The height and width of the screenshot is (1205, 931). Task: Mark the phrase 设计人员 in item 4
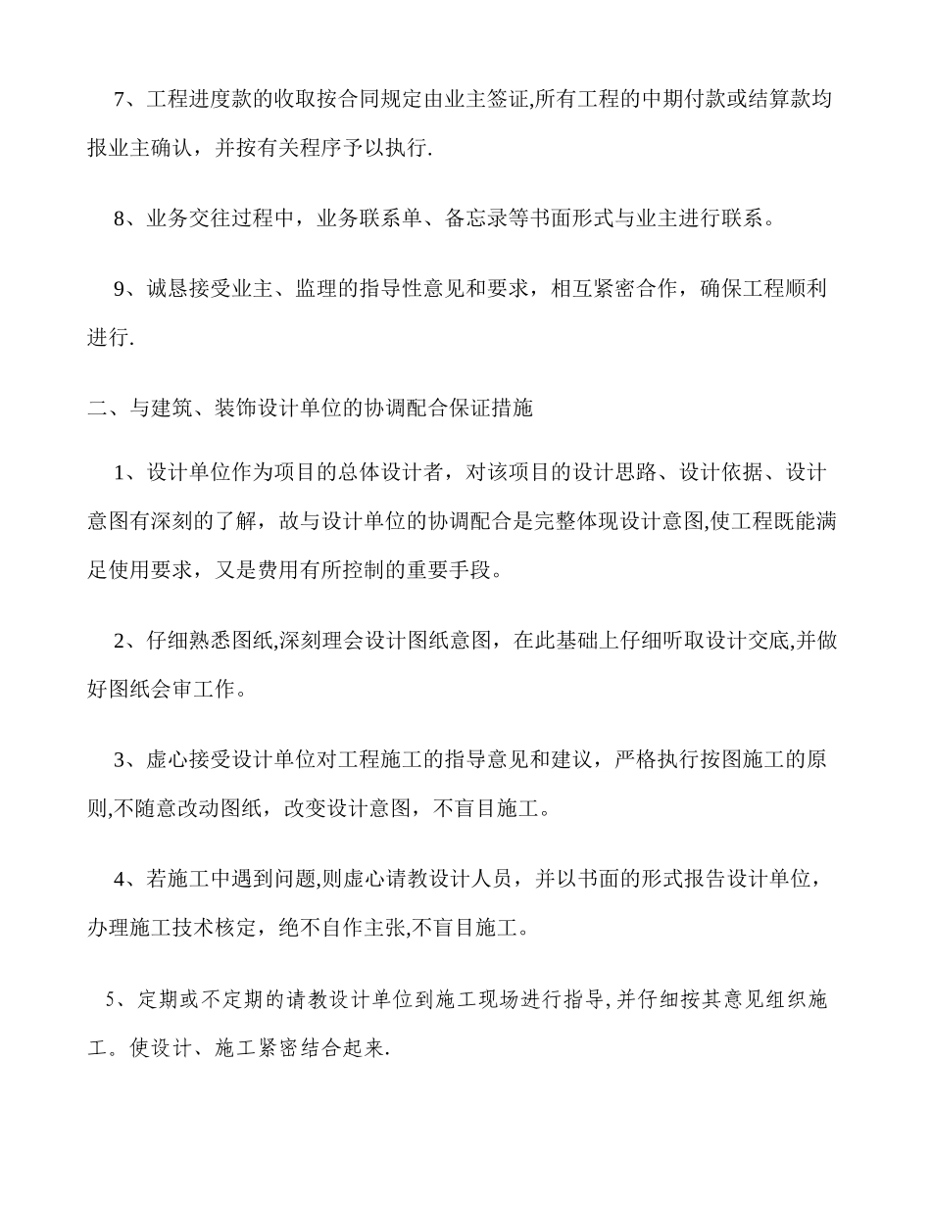tap(474, 879)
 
